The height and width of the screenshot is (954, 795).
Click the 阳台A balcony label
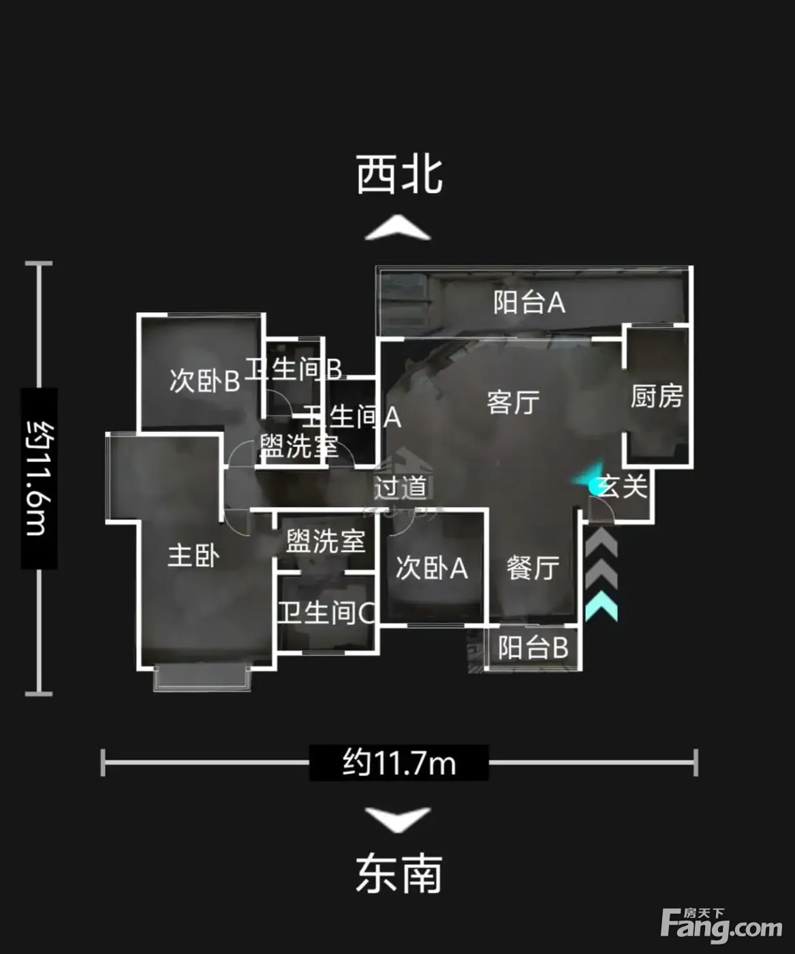point(529,303)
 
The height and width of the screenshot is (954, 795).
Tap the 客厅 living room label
point(513,402)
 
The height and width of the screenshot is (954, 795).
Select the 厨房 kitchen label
point(657,396)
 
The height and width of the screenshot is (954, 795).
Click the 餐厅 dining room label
point(533,568)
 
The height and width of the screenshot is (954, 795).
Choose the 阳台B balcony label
point(533,647)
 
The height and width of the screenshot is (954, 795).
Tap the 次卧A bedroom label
point(432,568)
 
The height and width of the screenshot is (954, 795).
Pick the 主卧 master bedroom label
point(193,556)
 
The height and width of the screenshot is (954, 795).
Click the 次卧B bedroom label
point(204,380)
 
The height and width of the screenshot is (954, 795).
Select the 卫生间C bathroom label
point(327,613)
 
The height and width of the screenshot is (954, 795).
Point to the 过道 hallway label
point(401,487)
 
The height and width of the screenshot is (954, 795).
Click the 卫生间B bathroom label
point(294,368)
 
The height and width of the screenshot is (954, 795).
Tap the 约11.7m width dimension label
point(399,763)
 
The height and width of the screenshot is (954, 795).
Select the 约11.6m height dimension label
point(40,478)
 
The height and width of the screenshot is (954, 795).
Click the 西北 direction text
point(399,175)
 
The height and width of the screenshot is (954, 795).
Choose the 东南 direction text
point(399,873)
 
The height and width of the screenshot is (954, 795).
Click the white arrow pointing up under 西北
point(398,227)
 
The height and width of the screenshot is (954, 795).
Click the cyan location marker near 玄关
point(591,480)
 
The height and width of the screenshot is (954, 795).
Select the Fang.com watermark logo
point(721,925)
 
